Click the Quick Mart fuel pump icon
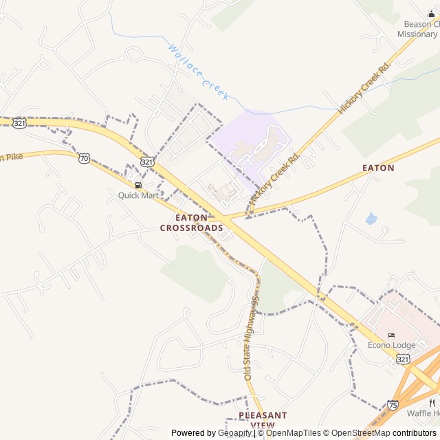pos(138,185)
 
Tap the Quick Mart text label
pos(138,195)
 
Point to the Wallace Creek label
pos(198,73)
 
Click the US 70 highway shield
pos(84,157)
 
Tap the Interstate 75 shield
pos(393,406)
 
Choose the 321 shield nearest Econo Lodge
pos(403,359)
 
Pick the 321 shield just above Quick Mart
pos(147,161)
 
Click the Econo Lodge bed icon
pos(391,335)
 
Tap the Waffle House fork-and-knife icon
pos(432,402)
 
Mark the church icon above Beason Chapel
pos(431,14)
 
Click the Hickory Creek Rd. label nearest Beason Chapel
pos(364,87)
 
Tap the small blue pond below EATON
pos(371,219)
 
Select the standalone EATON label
pos(378,168)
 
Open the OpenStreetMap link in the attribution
pos(357,433)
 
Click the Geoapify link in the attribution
pos(235,433)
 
